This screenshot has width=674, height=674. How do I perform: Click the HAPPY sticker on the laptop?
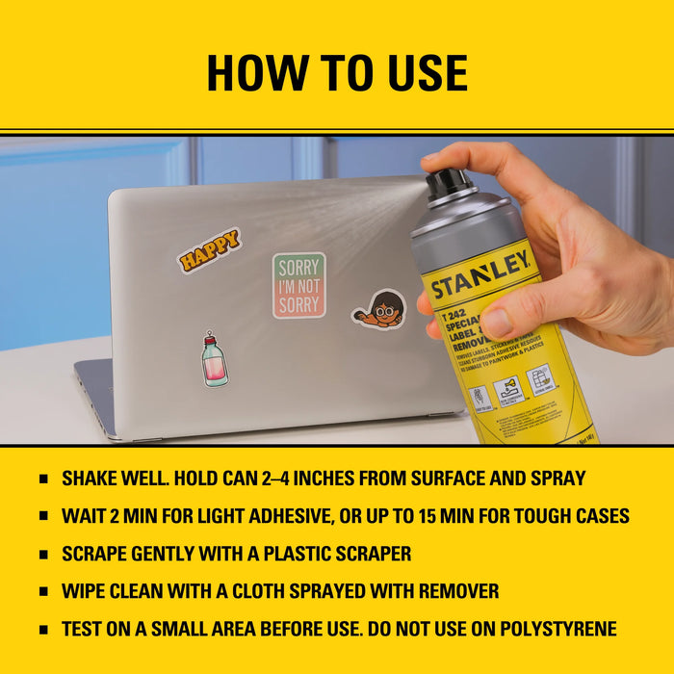pos(209,250)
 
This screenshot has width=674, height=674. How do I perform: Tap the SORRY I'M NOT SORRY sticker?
pos(298,285)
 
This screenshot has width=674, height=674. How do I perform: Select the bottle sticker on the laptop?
pos(214,360)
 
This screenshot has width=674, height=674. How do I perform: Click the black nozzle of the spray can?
pos(449,184)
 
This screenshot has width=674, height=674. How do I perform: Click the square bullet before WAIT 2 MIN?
pos(43,516)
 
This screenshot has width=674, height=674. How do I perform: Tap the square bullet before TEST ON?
pos(43,630)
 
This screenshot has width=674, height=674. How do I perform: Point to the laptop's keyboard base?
pos(106,395)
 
